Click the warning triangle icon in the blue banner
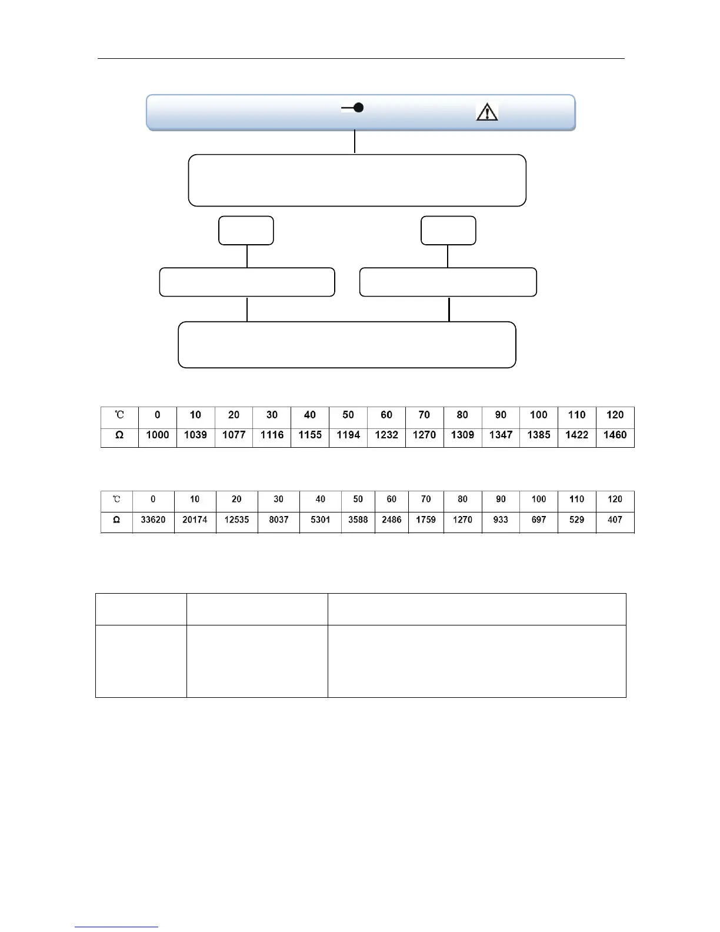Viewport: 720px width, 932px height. pyautogui.click(x=487, y=111)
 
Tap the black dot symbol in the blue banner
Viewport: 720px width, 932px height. pyautogui.click(x=358, y=108)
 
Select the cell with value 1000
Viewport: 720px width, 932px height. pyautogui.click(x=158, y=435)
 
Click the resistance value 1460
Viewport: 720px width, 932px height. pyautogui.click(x=615, y=435)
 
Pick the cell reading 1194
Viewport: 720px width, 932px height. pyautogui.click(x=348, y=435)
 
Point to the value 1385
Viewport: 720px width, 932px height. pyautogui.click(x=539, y=435)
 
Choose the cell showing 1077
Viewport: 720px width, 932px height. pyautogui.click(x=234, y=435)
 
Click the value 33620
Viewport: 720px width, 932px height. pyautogui.click(x=153, y=520)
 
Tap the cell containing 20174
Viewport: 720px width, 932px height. pyautogui.click(x=195, y=520)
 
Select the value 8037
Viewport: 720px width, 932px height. pyautogui.click(x=279, y=520)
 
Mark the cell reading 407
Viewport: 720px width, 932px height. pyautogui.click(x=615, y=520)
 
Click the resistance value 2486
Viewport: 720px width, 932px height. pyautogui.click(x=392, y=520)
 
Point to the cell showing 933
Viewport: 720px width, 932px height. pyautogui.click(x=501, y=520)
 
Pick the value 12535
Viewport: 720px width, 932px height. pyautogui.click(x=236, y=520)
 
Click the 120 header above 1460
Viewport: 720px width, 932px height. pyautogui.click(x=615, y=415)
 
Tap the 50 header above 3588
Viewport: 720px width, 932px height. pyautogui.click(x=358, y=500)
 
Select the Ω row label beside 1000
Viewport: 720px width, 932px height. pyautogui.click(x=119, y=435)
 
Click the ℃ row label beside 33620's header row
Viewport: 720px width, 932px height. pyautogui.click(x=116, y=500)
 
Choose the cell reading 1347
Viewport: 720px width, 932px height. pyautogui.click(x=501, y=435)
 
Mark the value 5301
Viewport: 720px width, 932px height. pyautogui.click(x=321, y=520)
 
